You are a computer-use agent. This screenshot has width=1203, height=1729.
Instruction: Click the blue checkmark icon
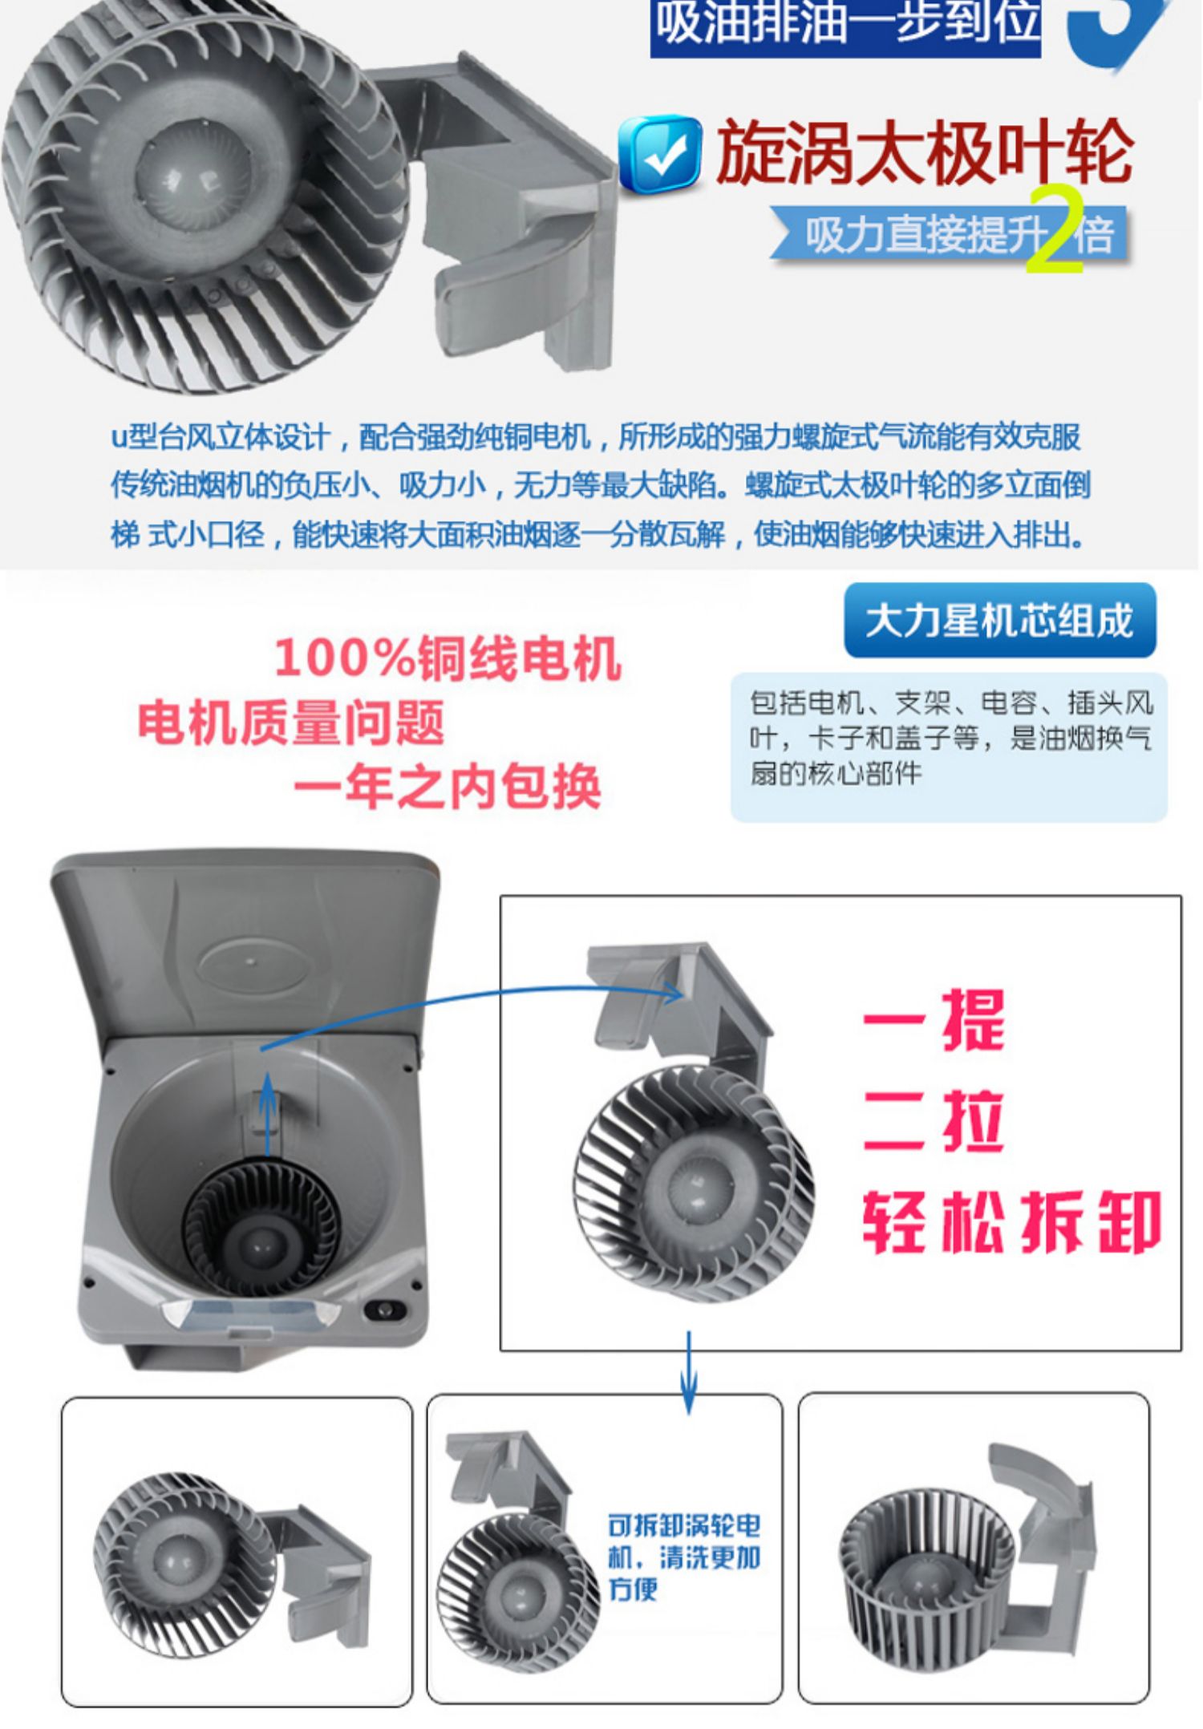[660, 152]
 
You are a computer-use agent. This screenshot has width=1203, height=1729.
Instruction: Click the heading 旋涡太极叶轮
[924, 152]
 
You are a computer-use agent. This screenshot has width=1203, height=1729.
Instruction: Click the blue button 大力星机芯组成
[1000, 621]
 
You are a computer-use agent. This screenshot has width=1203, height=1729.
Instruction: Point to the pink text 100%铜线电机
[448, 658]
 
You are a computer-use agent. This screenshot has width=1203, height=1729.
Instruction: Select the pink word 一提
[934, 1020]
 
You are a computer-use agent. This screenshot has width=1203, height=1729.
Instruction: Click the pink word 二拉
[934, 1120]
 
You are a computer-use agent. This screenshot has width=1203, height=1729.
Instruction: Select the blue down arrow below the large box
[689, 1373]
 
